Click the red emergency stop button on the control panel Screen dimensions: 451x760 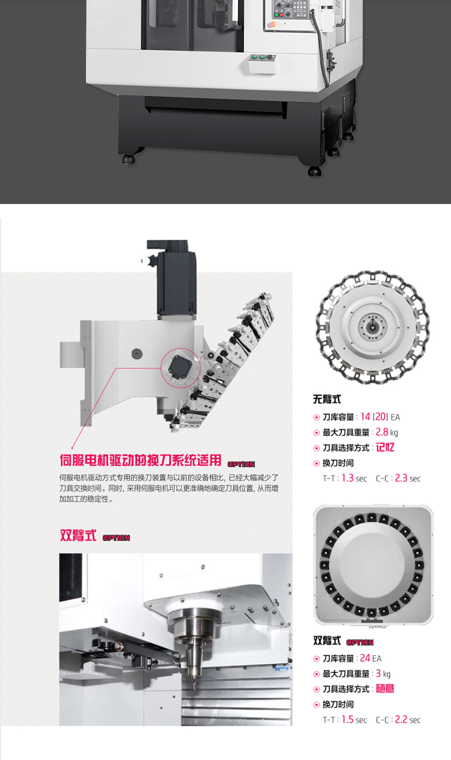(x=273, y=25)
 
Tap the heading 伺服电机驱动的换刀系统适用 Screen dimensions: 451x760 (x=141, y=460)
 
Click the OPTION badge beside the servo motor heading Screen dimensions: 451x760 (x=241, y=464)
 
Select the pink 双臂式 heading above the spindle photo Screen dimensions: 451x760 (x=78, y=535)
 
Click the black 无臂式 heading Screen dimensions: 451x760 (x=327, y=399)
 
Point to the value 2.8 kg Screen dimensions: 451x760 (x=387, y=432)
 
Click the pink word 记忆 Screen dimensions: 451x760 (x=385, y=448)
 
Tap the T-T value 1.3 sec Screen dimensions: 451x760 (x=354, y=478)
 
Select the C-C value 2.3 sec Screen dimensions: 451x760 (x=408, y=478)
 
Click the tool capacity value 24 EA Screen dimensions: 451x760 (x=370, y=658)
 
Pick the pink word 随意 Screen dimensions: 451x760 (x=385, y=688)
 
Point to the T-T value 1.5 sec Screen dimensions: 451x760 (x=354, y=720)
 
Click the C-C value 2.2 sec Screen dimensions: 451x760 (x=408, y=720)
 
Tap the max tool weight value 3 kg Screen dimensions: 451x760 (x=383, y=673)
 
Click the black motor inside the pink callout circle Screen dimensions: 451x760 (x=180, y=367)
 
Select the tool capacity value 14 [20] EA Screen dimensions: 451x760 (x=380, y=416)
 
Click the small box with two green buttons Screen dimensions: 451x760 (x=262, y=63)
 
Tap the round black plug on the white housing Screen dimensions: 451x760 (x=137, y=354)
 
